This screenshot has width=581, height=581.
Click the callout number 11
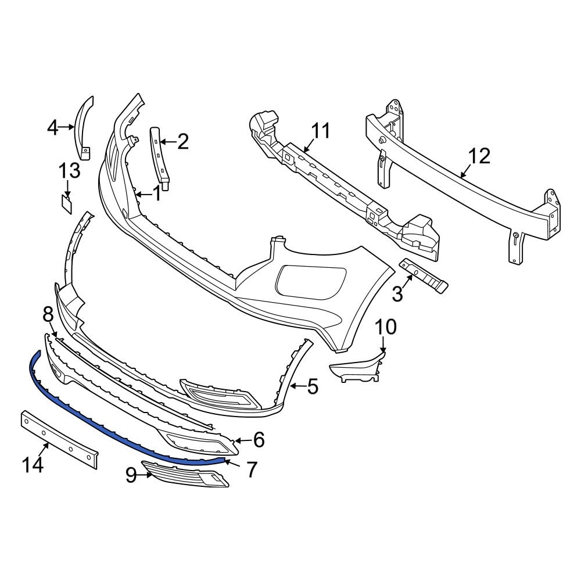click(x=320, y=131)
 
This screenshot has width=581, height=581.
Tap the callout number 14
click(x=33, y=465)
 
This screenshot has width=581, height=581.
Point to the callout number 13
click(x=69, y=171)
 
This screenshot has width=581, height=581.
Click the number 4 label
click(x=53, y=127)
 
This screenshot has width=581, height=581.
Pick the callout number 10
click(x=385, y=327)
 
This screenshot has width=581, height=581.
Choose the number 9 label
click(x=131, y=476)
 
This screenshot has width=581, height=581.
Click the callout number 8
click(x=48, y=314)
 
